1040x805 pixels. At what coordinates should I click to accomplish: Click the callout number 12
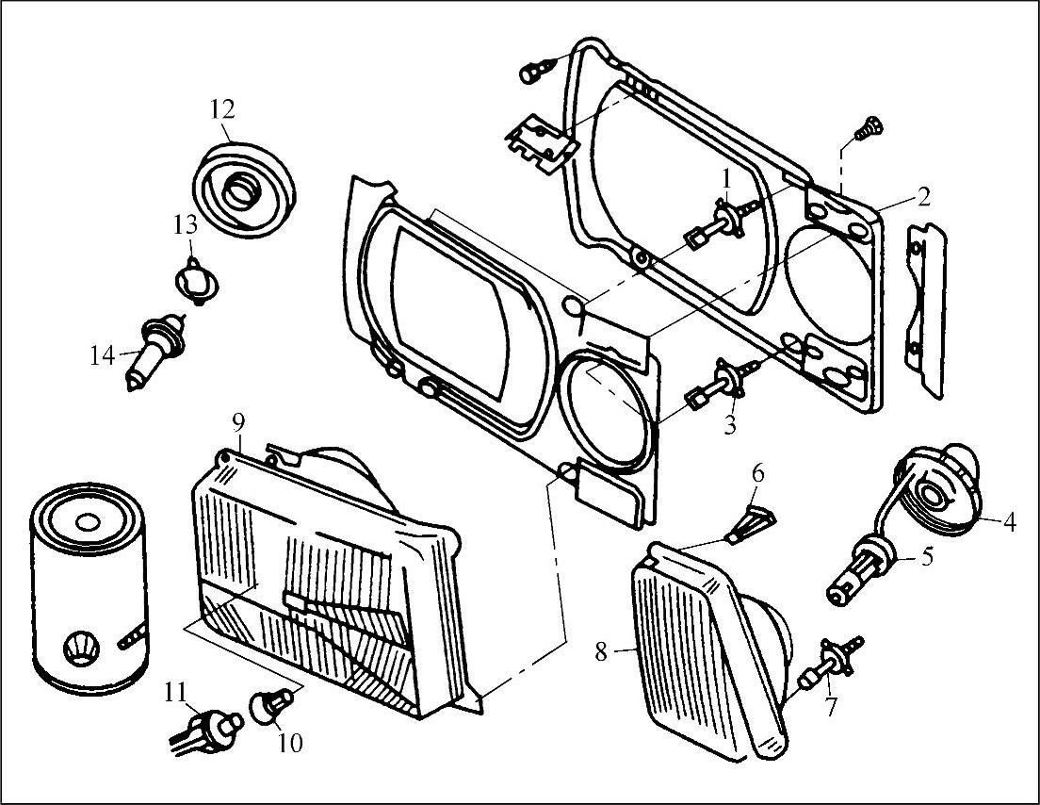pyautogui.click(x=223, y=108)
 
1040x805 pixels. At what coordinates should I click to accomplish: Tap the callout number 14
pyautogui.click(x=102, y=355)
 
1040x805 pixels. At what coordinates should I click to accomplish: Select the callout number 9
pyautogui.click(x=238, y=420)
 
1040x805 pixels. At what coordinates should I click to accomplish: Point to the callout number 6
pyautogui.click(x=757, y=474)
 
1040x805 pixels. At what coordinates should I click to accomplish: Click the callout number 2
pyautogui.click(x=922, y=196)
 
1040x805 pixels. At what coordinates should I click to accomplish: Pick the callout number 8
pyautogui.click(x=601, y=651)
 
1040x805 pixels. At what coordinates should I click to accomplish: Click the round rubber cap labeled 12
pyautogui.click(x=243, y=189)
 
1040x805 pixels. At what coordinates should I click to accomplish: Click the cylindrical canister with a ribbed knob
pyautogui.click(x=89, y=587)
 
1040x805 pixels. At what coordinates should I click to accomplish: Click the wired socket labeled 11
pyautogui.click(x=206, y=733)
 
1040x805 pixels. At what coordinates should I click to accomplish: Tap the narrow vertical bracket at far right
pyautogui.click(x=926, y=310)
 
